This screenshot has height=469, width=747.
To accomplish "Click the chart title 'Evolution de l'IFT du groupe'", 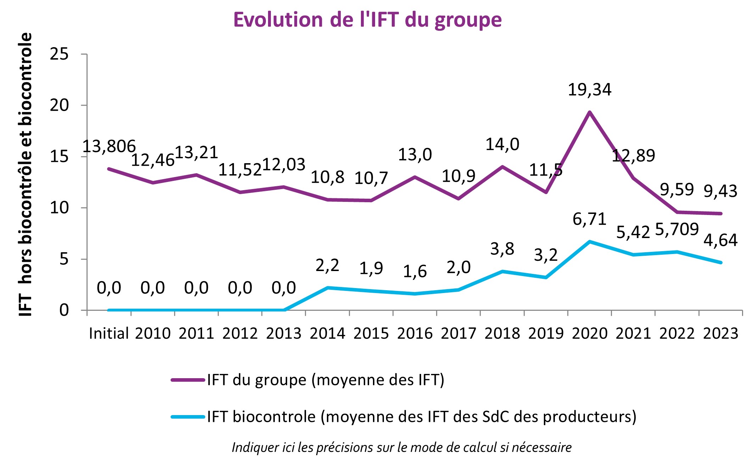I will point(367,20).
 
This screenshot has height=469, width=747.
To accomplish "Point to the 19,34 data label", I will point(589,90).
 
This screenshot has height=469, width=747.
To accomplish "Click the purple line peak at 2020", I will point(589,112).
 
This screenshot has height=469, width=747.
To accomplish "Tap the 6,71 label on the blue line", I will point(589,219).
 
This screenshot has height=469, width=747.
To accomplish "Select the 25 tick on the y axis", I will point(59,54).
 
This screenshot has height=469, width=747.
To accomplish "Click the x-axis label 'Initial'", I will point(108,333).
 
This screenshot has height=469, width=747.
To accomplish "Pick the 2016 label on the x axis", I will point(414,333).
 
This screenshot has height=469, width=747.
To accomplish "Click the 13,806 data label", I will point(109,147).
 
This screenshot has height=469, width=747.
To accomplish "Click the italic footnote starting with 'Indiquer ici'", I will point(401,447).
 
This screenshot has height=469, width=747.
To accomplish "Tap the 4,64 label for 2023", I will point(720,241).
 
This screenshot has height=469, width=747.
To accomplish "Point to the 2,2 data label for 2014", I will point(327,265).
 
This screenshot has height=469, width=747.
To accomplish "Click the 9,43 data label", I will point(720,191).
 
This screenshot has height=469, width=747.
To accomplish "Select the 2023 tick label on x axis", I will point(720,333).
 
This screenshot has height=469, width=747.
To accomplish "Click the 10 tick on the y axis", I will point(59,208).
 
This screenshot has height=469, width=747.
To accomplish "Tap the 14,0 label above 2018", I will point(502,145).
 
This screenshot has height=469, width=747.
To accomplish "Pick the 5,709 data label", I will point(676,229).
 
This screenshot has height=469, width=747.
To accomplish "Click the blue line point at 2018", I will point(502,271).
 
